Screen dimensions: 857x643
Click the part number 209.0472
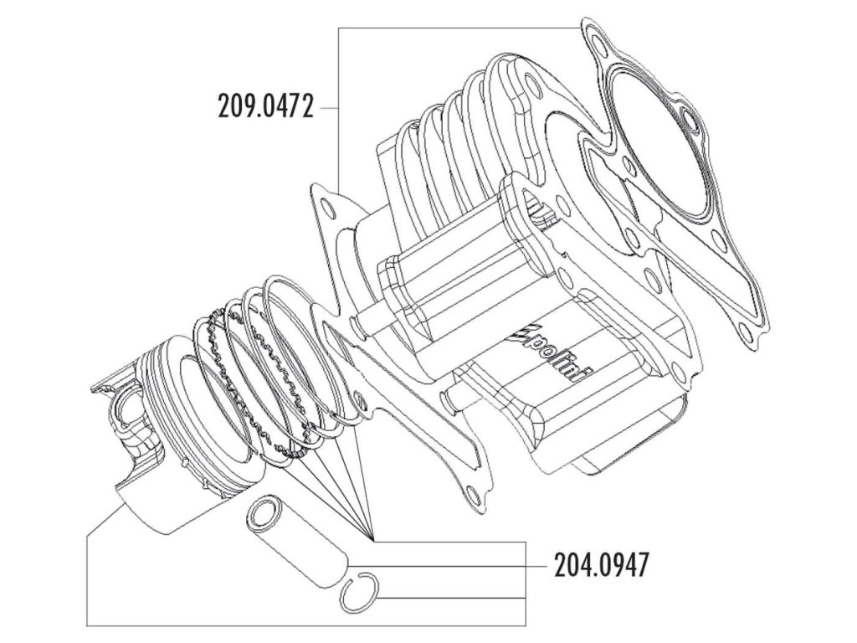(264, 108)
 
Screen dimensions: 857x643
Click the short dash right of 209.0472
(328, 108)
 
